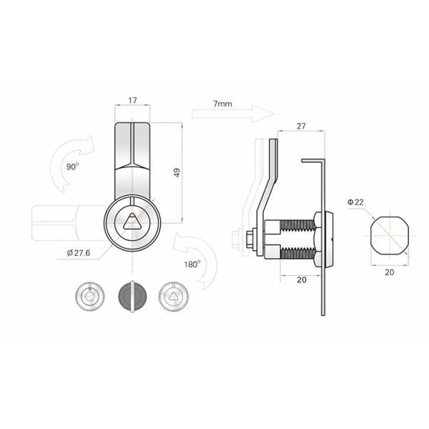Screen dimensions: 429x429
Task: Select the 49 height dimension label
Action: (177, 172)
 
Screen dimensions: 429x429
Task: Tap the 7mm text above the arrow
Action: (222, 104)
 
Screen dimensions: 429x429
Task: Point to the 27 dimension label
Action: (300, 126)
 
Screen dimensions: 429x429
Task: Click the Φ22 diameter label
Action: (355, 202)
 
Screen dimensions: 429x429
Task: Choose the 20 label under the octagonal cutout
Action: (390, 272)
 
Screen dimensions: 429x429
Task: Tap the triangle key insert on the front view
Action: (133, 222)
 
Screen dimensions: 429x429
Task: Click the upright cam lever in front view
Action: (133, 154)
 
